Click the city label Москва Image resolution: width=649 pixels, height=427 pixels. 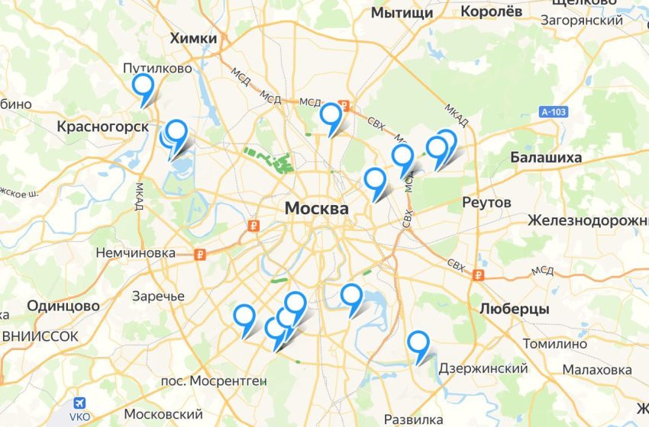point(316,208)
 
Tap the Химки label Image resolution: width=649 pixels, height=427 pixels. point(194,39)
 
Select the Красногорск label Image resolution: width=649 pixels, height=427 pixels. point(102,127)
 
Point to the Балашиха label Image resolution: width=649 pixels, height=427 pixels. point(546,158)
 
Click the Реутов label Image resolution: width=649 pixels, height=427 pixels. point(486,203)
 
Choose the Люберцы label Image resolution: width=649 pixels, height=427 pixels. point(515,309)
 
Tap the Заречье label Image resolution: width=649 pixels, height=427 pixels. point(158,296)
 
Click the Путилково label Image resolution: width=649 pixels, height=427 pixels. point(157,69)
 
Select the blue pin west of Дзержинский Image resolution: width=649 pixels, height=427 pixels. point(418,342)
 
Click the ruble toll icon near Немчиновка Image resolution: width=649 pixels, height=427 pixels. point(199,255)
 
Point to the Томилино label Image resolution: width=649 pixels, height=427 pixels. point(555,344)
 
